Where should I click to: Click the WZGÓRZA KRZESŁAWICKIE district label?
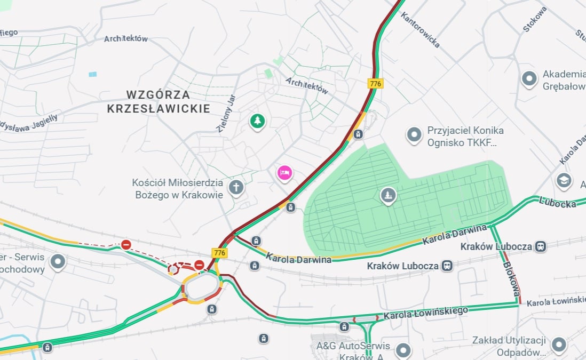point(158,101)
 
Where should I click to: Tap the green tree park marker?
point(258,121)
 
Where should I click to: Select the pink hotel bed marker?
point(284,173)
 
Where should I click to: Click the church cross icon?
point(235,188)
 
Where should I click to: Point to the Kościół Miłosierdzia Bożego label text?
point(178,189)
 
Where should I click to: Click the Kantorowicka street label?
point(421,30)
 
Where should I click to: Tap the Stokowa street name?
point(535,20)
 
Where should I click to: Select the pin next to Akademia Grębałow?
point(529,79)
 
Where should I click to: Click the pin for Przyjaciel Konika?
point(414,135)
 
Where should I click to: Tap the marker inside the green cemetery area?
point(389,196)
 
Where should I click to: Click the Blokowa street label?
point(510,278)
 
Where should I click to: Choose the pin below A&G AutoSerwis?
point(403,350)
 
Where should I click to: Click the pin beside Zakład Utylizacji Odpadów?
point(559,345)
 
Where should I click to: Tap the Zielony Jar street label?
point(226,114)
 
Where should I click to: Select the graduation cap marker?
point(564,181)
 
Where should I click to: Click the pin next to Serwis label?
point(58,262)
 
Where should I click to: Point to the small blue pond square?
point(93,74)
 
